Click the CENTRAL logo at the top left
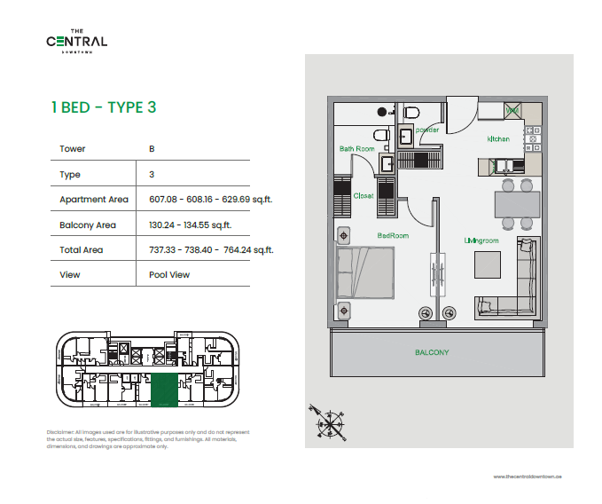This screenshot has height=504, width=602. pyautogui.click(x=77, y=41)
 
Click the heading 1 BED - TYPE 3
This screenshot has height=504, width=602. pyautogui.click(x=104, y=107)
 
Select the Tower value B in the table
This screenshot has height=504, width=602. pyautogui.click(x=152, y=149)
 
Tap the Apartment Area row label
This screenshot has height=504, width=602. pyautogui.click(x=93, y=200)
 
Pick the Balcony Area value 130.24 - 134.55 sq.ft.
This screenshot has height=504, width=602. pyautogui.click(x=190, y=225)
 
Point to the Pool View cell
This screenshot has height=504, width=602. pyautogui.click(x=169, y=275)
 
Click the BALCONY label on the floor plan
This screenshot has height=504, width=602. pyautogui.click(x=432, y=352)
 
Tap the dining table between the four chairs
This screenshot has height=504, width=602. pyautogui.click(x=515, y=204)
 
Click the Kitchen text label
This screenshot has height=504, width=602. pyautogui.click(x=498, y=140)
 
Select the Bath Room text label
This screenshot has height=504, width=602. pyautogui.click(x=356, y=149)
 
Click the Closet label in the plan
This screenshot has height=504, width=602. pyautogui.click(x=364, y=196)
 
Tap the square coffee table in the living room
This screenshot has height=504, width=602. pyautogui.click(x=489, y=266)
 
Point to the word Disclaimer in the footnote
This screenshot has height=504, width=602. pyautogui.click(x=60, y=432)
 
